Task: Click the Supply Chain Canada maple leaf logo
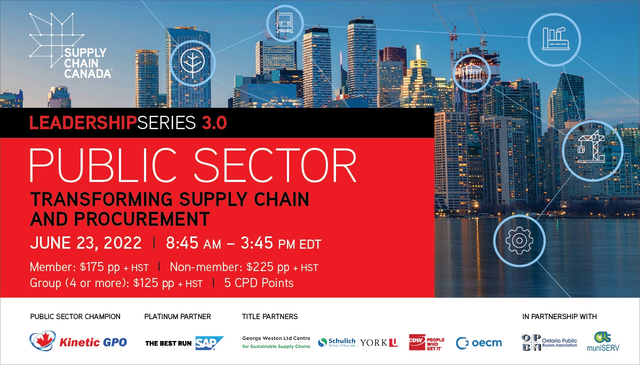coord(57,40)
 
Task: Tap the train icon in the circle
coord(284,23)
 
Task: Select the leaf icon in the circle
coord(193,63)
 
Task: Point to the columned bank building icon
coord(471,73)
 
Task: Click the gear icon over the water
coord(519,240)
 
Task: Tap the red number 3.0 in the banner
coord(214,123)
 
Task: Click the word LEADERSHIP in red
coord(83,123)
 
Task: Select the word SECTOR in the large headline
coord(275,165)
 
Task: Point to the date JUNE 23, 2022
coord(86,243)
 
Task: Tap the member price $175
coord(92,267)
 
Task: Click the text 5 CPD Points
coord(259,283)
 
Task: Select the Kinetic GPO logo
coord(78,342)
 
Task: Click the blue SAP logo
coord(210,343)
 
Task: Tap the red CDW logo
coord(417,342)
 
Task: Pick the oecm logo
coord(479,343)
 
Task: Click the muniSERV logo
coord(603,342)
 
